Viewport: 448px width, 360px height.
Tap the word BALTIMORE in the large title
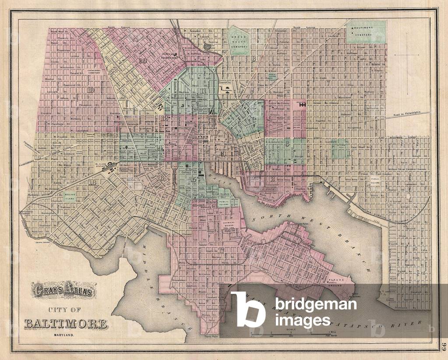(x=66, y=324)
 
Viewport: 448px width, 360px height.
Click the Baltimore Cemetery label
(x=367, y=30)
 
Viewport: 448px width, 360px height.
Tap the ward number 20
(x=141, y=60)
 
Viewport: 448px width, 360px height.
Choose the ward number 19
(x=91, y=90)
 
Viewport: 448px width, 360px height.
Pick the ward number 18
(x=92, y=182)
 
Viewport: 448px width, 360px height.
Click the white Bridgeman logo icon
(x=248, y=309)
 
